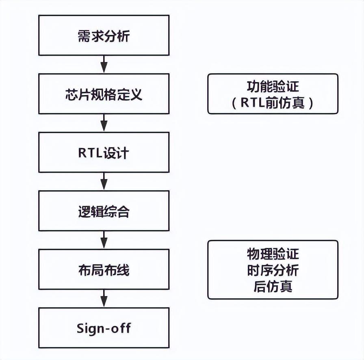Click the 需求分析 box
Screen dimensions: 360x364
104,35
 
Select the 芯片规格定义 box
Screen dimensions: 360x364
104,94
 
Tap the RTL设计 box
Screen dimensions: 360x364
104,152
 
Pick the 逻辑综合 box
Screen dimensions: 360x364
104,211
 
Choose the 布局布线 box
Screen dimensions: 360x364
104,269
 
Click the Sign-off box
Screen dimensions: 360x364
104,327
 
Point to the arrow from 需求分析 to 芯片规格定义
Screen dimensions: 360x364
104,65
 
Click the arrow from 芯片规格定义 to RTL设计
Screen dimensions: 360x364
104,123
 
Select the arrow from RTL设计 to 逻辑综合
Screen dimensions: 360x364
104,182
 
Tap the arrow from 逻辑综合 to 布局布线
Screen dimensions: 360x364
104,240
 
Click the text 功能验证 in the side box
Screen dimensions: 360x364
273,86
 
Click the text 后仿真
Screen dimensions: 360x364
273,286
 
